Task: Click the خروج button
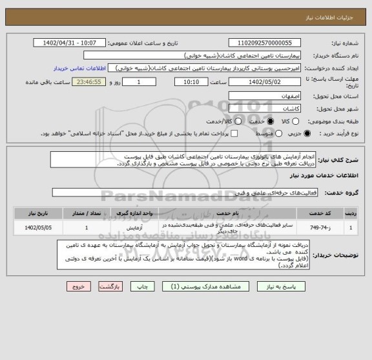[x=76, y=285]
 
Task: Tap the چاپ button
[x=139, y=285]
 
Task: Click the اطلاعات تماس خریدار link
[x=90, y=67]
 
